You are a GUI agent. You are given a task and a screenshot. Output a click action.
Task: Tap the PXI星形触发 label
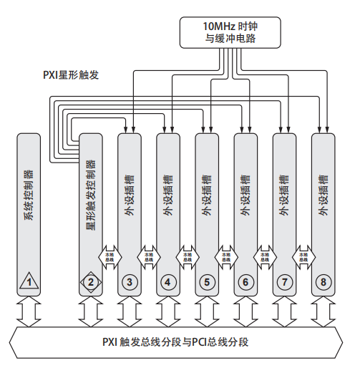point(73,73)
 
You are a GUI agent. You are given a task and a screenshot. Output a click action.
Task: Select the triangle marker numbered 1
point(29,281)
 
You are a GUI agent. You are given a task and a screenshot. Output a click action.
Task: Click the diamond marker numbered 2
point(90,281)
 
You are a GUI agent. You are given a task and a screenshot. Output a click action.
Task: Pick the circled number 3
point(130,281)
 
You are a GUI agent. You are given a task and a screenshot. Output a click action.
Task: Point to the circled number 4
point(168,281)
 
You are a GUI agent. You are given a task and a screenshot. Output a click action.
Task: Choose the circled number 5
point(207,281)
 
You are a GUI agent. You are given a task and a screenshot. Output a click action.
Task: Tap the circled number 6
point(245,281)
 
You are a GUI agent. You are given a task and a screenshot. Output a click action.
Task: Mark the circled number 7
point(284,281)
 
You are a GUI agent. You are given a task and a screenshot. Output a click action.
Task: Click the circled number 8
point(323,281)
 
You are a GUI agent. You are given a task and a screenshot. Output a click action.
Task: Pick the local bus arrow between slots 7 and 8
point(303,255)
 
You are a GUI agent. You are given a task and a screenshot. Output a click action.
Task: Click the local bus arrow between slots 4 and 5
point(188,255)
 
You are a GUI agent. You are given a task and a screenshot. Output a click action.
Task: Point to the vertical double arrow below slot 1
point(29,313)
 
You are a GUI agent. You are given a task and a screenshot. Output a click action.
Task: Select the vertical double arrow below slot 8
point(323,313)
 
